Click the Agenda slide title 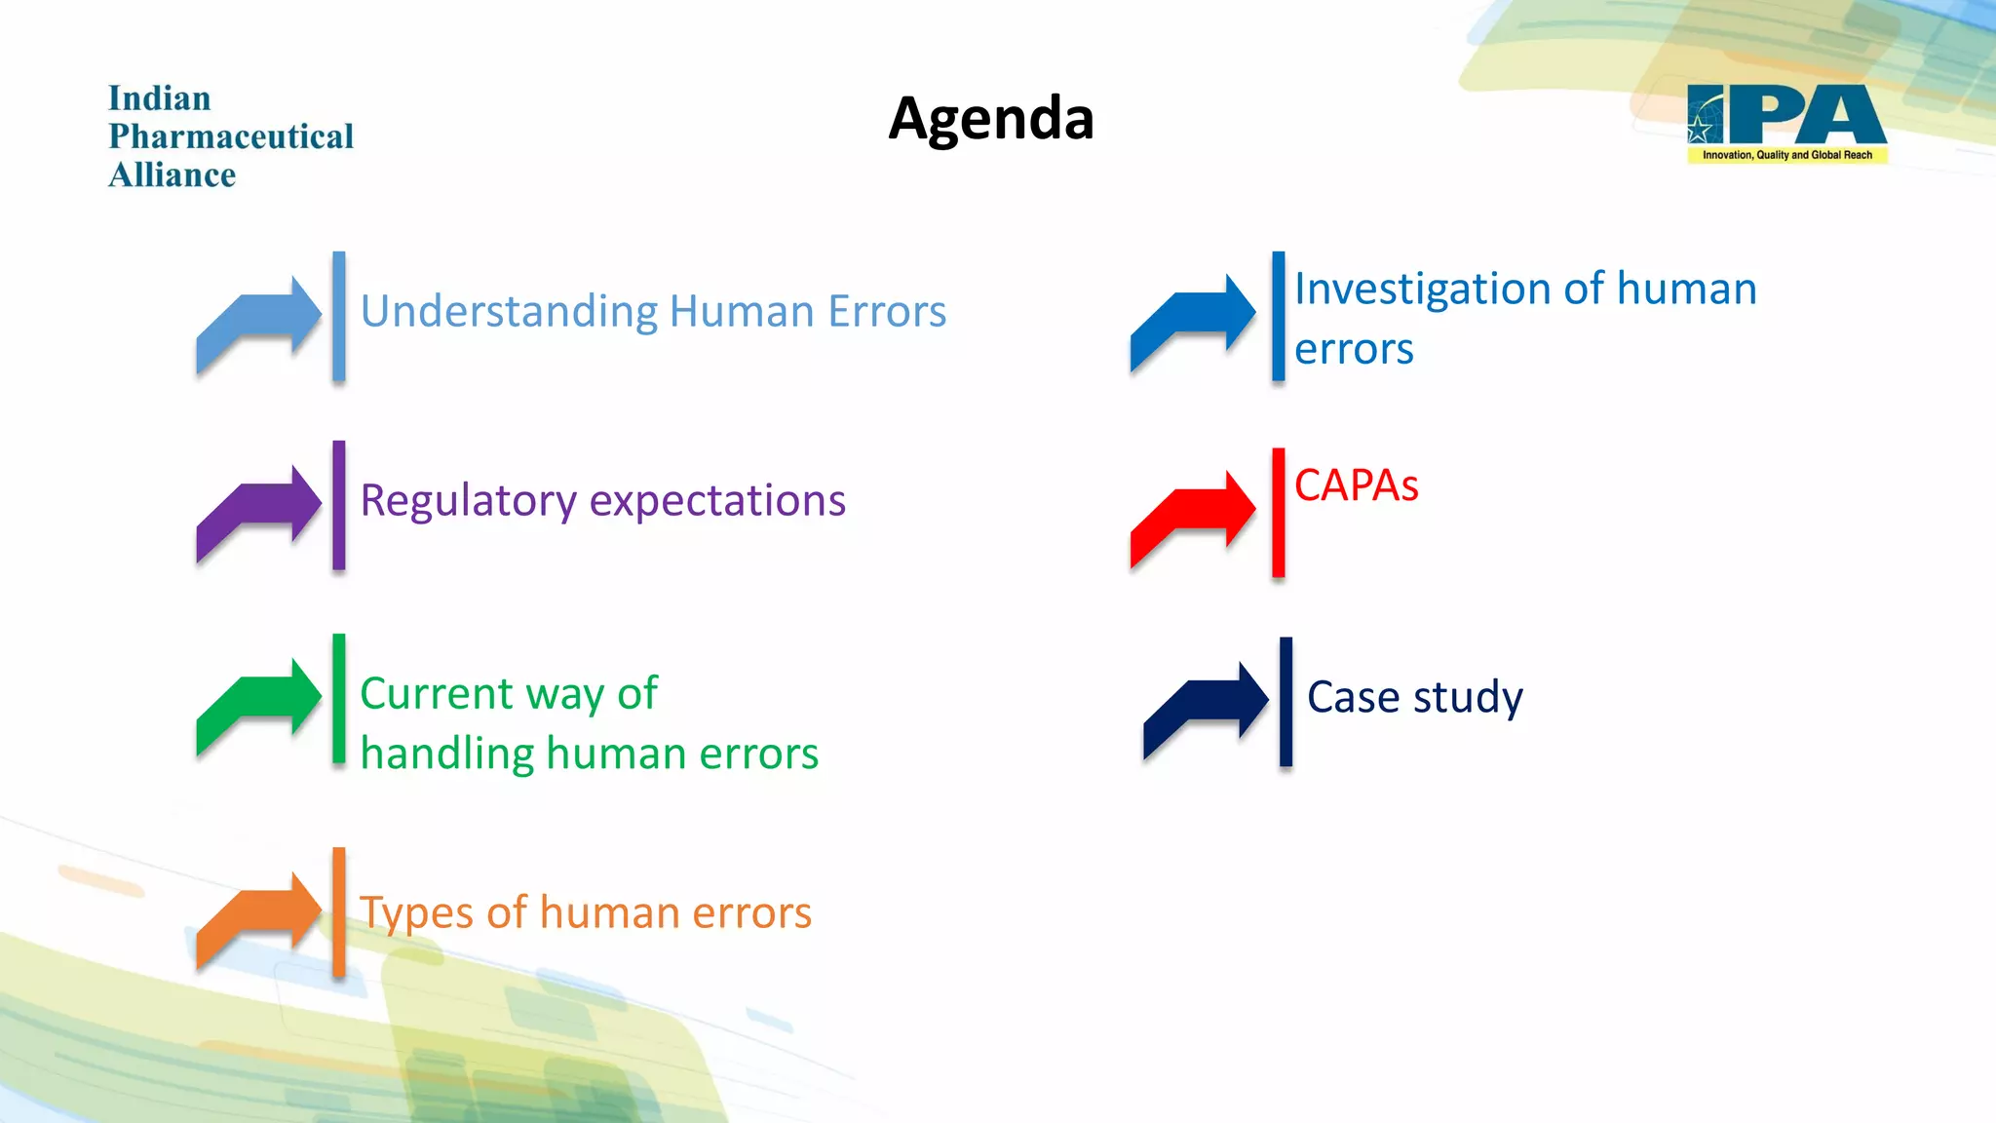pos(991,119)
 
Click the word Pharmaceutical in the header pos(231,136)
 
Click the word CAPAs pos(1356,485)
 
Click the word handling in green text pos(447,755)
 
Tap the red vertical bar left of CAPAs pos(1278,513)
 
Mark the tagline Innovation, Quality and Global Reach pos(1786,155)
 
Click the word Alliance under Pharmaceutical pos(173,175)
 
